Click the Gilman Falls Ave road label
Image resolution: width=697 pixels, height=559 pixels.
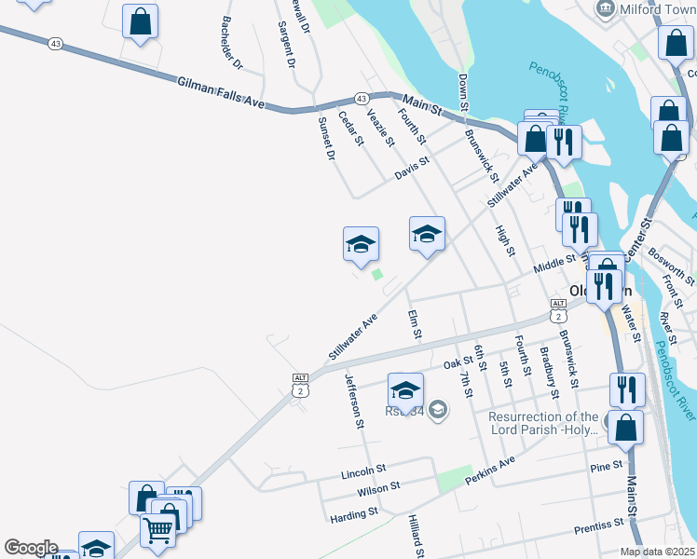pyautogui.click(x=222, y=95)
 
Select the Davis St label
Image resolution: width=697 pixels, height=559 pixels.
pyautogui.click(x=411, y=168)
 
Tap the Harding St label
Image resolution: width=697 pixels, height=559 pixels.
pyautogui.click(x=354, y=512)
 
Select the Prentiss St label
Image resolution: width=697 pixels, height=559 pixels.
pyautogui.click(x=598, y=526)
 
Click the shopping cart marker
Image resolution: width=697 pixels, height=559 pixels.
pyautogui.click(x=158, y=529)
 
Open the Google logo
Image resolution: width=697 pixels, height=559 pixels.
pyautogui.click(x=31, y=548)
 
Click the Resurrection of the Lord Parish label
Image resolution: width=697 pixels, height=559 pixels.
pyautogui.click(x=543, y=423)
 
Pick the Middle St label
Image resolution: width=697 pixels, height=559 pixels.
pyautogui.click(x=555, y=266)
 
